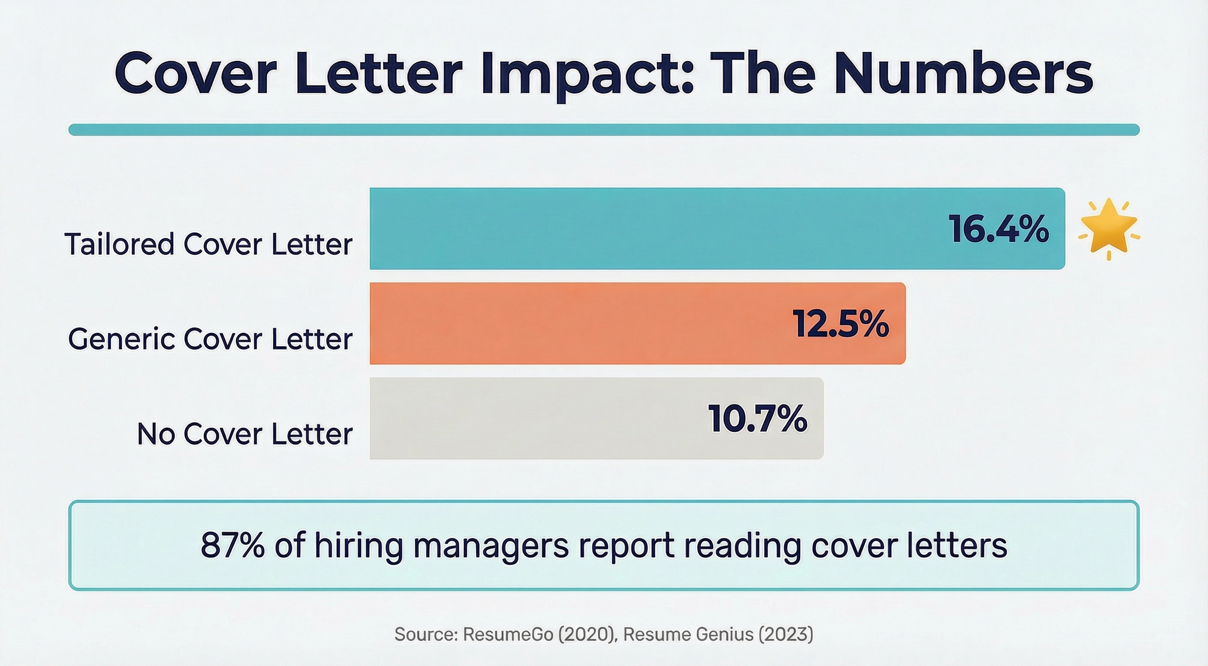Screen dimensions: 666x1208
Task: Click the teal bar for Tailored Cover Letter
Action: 657,228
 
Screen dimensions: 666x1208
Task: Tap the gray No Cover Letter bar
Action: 539,418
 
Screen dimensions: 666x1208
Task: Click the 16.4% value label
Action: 998,229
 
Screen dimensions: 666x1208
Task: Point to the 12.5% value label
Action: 840,323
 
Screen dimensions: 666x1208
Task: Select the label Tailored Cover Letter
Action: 208,244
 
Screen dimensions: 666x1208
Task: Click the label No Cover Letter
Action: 244,434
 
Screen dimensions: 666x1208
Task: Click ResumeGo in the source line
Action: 508,634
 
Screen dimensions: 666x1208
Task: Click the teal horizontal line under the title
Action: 604,129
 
